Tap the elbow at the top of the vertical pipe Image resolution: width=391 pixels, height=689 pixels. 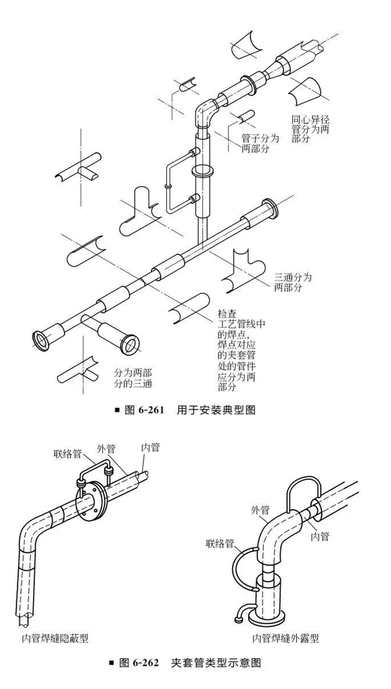pos(205,114)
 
